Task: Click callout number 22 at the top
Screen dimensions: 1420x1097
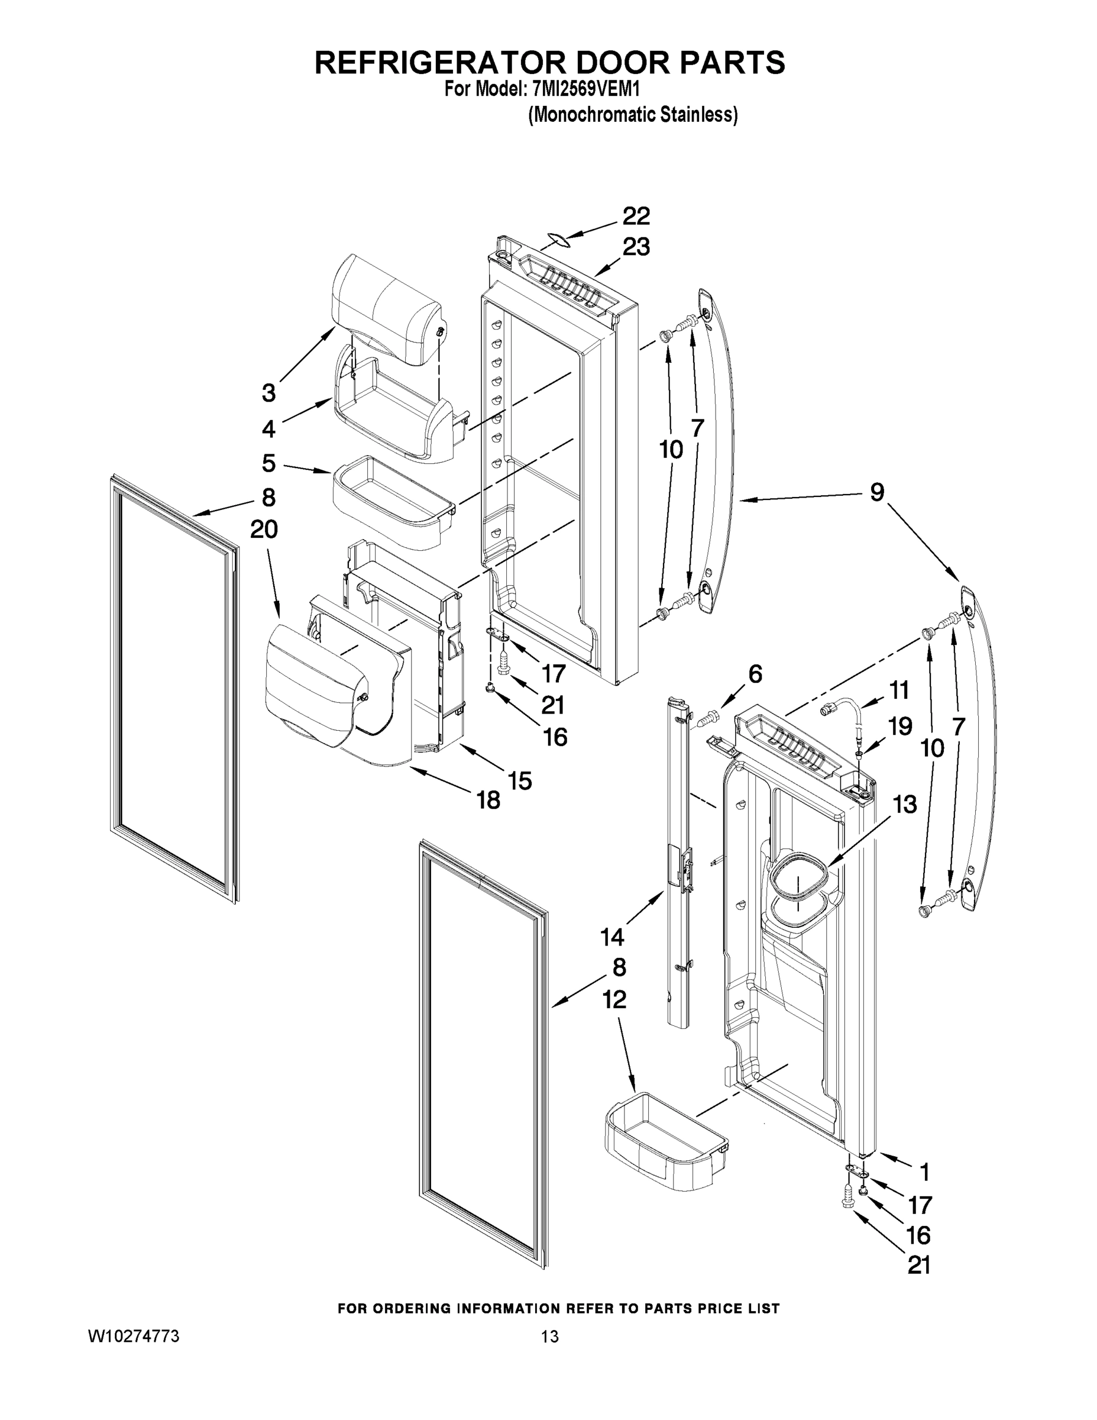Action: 636,216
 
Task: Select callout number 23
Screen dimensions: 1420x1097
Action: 636,247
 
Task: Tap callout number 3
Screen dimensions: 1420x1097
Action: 268,393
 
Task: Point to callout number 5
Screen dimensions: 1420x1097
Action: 268,464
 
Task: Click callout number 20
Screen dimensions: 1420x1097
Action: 264,530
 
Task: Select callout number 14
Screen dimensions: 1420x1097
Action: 612,937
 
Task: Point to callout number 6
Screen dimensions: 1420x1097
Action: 755,674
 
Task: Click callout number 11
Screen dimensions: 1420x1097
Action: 899,690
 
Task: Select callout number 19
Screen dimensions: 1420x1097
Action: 900,725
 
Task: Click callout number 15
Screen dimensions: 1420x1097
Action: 520,780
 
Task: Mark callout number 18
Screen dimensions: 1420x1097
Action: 488,801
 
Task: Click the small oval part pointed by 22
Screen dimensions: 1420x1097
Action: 554,241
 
